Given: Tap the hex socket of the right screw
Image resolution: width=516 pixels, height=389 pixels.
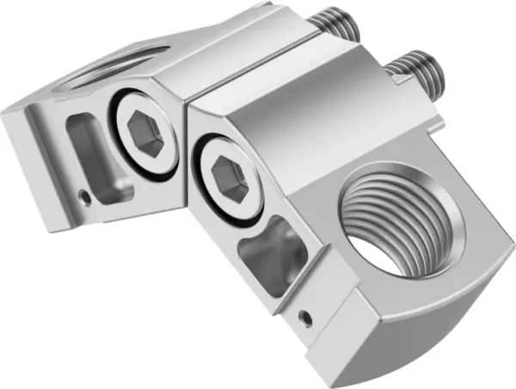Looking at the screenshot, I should [229, 180].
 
